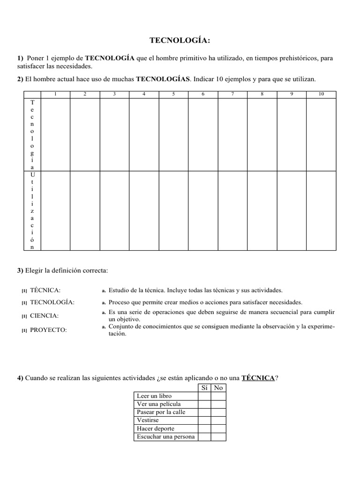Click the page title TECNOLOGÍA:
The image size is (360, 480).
pyautogui.click(x=180, y=41)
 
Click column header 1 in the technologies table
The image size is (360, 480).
pyautogui.click(x=55, y=94)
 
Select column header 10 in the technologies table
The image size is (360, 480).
pyautogui.click(x=321, y=94)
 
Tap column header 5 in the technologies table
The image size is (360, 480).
pyautogui.click(x=173, y=94)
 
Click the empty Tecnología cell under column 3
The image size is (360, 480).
pyautogui.click(x=114, y=134)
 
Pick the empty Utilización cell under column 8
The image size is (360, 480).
pyautogui.click(x=262, y=210)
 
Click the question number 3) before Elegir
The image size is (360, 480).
pyautogui.click(x=20, y=271)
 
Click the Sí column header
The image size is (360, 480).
pyautogui.click(x=204, y=388)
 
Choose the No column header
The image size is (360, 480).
pyautogui.click(x=218, y=388)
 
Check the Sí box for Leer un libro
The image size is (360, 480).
pyautogui.click(x=204, y=396)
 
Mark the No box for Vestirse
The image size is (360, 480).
pyautogui.click(x=218, y=420)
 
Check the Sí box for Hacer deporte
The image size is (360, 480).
pyautogui.click(x=204, y=428)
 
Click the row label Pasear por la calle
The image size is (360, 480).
pyautogui.click(x=161, y=412)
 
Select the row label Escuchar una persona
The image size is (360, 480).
pyautogui.click(x=165, y=437)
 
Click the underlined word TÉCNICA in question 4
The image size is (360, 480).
pyautogui.click(x=257, y=378)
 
